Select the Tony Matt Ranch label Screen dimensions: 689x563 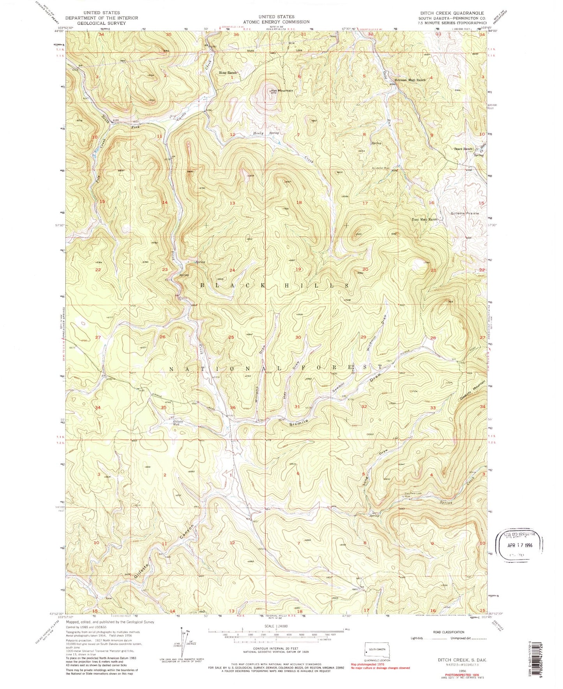click(425, 220)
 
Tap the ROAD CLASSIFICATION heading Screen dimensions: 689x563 click(448, 632)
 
